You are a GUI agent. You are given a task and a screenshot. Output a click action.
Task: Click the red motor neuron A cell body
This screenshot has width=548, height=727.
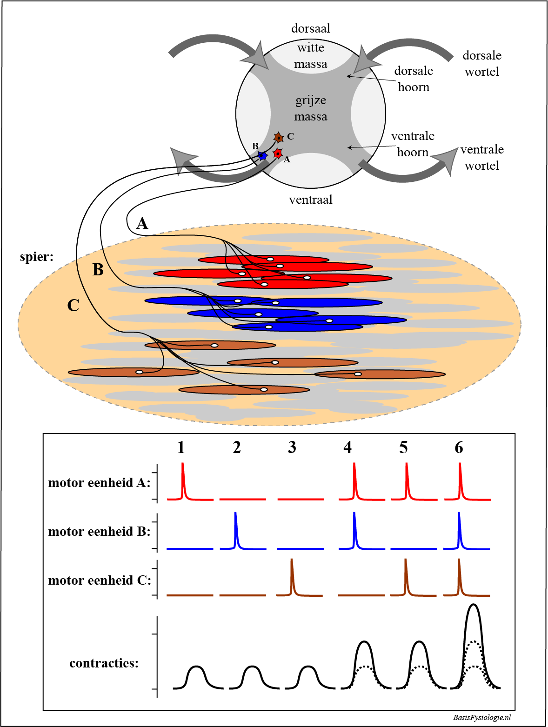pyautogui.click(x=278, y=153)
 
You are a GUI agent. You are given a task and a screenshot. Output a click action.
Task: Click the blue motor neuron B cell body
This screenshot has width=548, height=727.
pyautogui.click(x=262, y=156)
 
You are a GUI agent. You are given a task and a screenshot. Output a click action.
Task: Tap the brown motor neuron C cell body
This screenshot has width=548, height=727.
pyautogui.click(x=278, y=138)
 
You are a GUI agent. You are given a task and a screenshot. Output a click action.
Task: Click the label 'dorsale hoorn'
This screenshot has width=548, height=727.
pyautogui.click(x=414, y=79)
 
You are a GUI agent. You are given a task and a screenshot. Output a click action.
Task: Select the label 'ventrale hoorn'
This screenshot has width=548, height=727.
pyautogui.click(x=413, y=144)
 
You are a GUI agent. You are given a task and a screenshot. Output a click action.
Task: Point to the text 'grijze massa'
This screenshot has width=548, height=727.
pyautogui.click(x=311, y=108)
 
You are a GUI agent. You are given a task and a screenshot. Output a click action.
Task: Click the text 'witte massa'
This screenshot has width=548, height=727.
pyautogui.click(x=311, y=56)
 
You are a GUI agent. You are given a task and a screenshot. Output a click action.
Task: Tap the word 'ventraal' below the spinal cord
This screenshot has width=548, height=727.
pyautogui.click(x=311, y=200)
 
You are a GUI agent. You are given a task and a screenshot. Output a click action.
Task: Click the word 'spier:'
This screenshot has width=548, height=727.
pyautogui.click(x=37, y=257)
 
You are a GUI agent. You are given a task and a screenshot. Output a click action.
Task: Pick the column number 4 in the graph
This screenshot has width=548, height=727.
pyautogui.click(x=348, y=447)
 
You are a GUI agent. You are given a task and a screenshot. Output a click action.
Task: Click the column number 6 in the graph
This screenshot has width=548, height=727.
pyautogui.click(x=459, y=447)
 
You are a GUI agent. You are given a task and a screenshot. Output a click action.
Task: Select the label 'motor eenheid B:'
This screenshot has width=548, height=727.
pyautogui.click(x=100, y=532)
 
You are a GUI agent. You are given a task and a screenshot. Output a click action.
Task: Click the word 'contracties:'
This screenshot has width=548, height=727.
pyautogui.click(x=104, y=663)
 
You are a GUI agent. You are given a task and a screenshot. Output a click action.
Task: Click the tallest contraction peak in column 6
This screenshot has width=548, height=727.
pyautogui.click(x=473, y=606)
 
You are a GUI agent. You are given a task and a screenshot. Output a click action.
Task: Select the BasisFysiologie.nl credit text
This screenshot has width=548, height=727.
pyautogui.click(x=482, y=717)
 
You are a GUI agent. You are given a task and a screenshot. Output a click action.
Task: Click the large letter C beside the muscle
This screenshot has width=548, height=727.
pyautogui.click(x=73, y=306)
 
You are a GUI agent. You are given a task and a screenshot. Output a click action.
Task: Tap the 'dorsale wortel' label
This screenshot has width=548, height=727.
pyautogui.click(x=482, y=64)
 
